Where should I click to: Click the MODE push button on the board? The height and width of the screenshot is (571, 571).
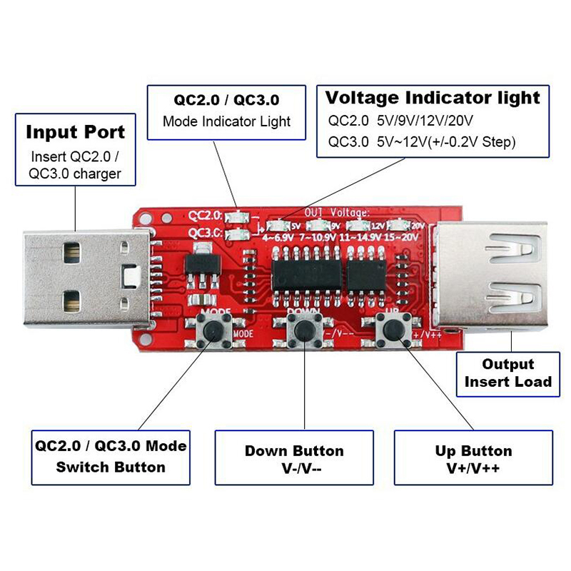pyautogui.click(x=213, y=330)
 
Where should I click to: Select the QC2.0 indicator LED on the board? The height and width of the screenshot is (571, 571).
pyautogui.click(x=235, y=216)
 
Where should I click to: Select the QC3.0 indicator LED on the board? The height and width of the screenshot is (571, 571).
pyautogui.click(x=235, y=233)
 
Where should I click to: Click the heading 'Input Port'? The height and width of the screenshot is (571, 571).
pyautogui.click(x=76, y=132)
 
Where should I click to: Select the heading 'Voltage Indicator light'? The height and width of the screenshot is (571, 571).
pyautogui.click(x=433, y=97)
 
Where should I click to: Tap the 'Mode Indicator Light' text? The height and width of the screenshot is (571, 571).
pyautogui.click(x=226, y=121)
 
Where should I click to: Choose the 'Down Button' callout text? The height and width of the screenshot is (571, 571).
pyautogui.click(x=294, y=451)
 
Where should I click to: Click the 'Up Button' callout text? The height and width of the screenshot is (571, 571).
pyautogui.click(x=473, y=451)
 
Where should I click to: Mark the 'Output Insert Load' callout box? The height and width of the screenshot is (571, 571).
pyautogui.click(x=507, y=373)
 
